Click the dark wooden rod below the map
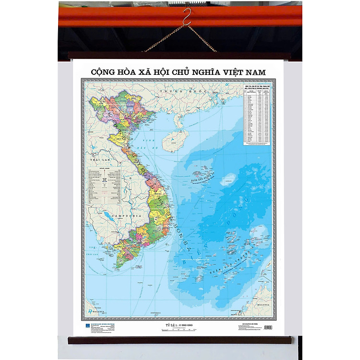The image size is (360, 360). [x=180, y=340]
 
